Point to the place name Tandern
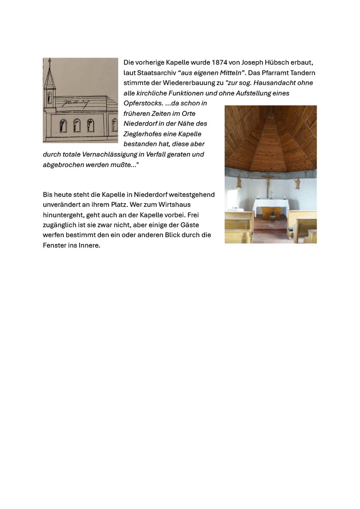point(302,73)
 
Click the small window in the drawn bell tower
point(49,97)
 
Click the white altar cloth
point(270,206)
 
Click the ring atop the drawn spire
point(49,61)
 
